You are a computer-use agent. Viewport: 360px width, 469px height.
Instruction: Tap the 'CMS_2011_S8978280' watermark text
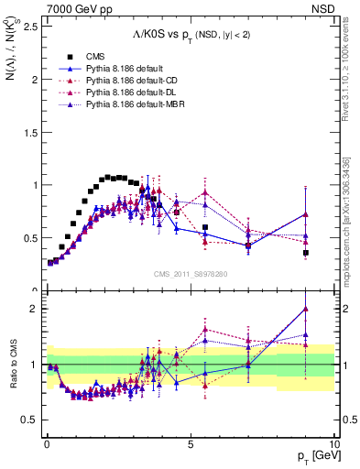click(191, 274)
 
